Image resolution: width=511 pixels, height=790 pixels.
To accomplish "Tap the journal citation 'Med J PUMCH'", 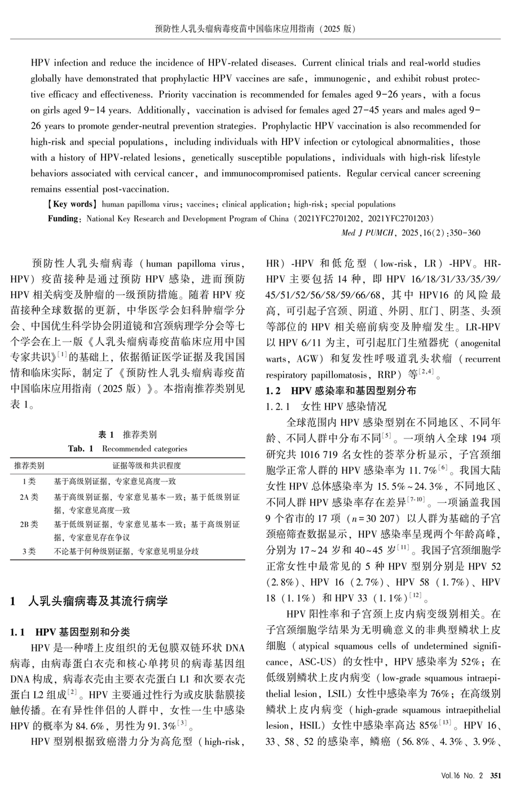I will [368, 232].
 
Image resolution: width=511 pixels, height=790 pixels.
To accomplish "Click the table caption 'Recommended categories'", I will [144, 449].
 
